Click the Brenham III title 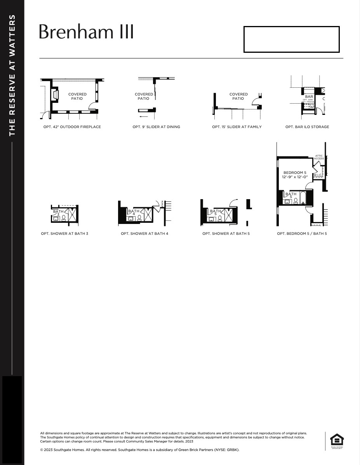[86, 32]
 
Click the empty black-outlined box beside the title [291, 39]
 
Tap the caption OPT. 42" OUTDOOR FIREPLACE [72, 127]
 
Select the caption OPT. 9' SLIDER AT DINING [156, 127]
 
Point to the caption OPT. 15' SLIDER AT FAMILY [237, 127]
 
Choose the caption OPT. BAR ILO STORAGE [307, 127]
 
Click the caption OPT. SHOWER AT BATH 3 [64, 234]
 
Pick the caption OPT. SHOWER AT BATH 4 [144, 234]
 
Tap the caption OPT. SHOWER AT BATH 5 [226, 234]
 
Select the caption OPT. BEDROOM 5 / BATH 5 [302, 234]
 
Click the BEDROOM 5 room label [295, 173]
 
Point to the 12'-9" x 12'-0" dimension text [295, 177]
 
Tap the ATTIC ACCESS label [319, 157]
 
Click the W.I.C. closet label [318, 175]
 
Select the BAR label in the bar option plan [309, 97]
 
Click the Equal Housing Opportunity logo [337, 441]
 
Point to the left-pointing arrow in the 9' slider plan [143, 116]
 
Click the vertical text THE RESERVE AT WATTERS [12, 75]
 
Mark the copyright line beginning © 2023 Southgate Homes [140, 450]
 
